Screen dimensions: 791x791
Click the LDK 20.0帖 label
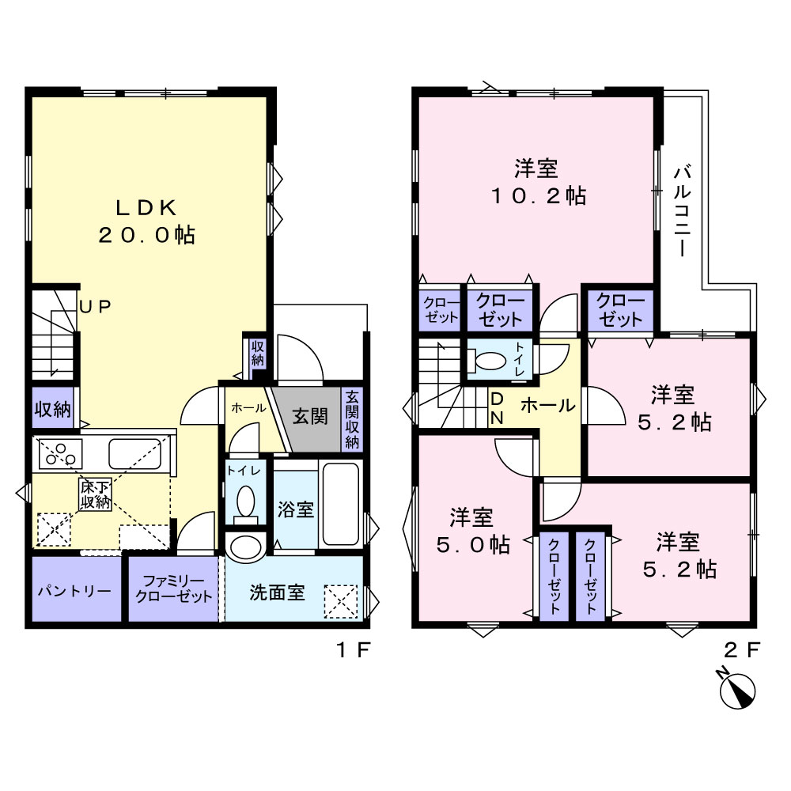(147, 221)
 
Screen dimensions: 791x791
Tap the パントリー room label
(74, 590)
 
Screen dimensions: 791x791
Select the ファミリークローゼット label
(173, 589)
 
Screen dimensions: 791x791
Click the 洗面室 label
(277, 592)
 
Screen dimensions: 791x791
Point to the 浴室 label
(296, 509)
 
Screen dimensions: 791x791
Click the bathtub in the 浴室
(340, 505)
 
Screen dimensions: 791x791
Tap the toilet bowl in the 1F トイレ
(246, 501)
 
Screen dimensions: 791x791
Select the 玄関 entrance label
(310, 417)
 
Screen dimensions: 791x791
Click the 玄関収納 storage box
(352, 419)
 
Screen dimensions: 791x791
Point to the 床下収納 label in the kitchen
(95, 494)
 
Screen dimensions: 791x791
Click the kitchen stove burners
(60, 453)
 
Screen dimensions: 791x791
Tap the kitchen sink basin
(134, 453)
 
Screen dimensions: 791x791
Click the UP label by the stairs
(96, 307)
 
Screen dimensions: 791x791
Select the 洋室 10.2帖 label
(538, 182)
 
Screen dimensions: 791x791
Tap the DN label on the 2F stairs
(497, 409)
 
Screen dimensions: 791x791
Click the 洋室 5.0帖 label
(473, 532)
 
